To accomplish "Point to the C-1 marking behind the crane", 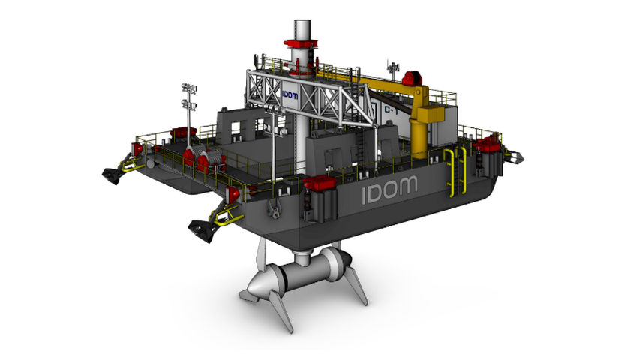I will (x=390, y=112).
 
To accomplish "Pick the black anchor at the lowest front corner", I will (x=202, y=227).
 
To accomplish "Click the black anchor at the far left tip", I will (x=113, y=175).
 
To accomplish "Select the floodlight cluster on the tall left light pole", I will (x=188, y=94).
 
